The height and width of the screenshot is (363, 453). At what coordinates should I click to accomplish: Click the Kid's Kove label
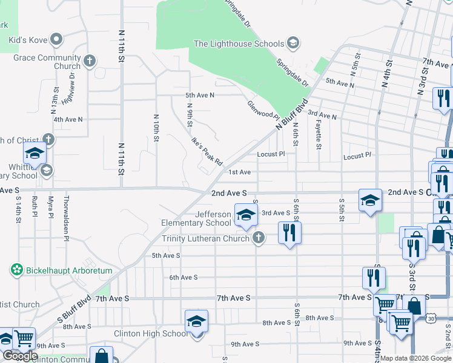click(x=26, y=40)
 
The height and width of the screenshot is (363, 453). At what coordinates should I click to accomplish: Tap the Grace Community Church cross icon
click(x=90, y=60)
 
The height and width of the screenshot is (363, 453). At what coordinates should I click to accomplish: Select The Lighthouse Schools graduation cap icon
click(x=293, y=43)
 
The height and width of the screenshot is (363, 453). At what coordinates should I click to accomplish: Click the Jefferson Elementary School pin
click(x=245, y=216)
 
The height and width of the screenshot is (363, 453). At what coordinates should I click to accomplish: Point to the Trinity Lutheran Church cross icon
click(x=259, y=238)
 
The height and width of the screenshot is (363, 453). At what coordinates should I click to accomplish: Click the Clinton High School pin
click(x=196, y=323)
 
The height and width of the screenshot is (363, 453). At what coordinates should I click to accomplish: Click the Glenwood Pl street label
click(x=262, y=110)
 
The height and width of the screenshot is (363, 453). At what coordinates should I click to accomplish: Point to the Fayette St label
click(x=318, y=134)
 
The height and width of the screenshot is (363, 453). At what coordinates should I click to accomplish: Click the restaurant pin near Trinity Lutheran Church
click(x=289, y=233)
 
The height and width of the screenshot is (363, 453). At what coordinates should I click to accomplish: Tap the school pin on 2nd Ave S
click(x=369, y=201)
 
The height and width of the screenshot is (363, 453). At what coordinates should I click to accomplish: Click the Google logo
click(x=19, y=356)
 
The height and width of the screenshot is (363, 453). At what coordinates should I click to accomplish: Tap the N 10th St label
click(x=156, y=128)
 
